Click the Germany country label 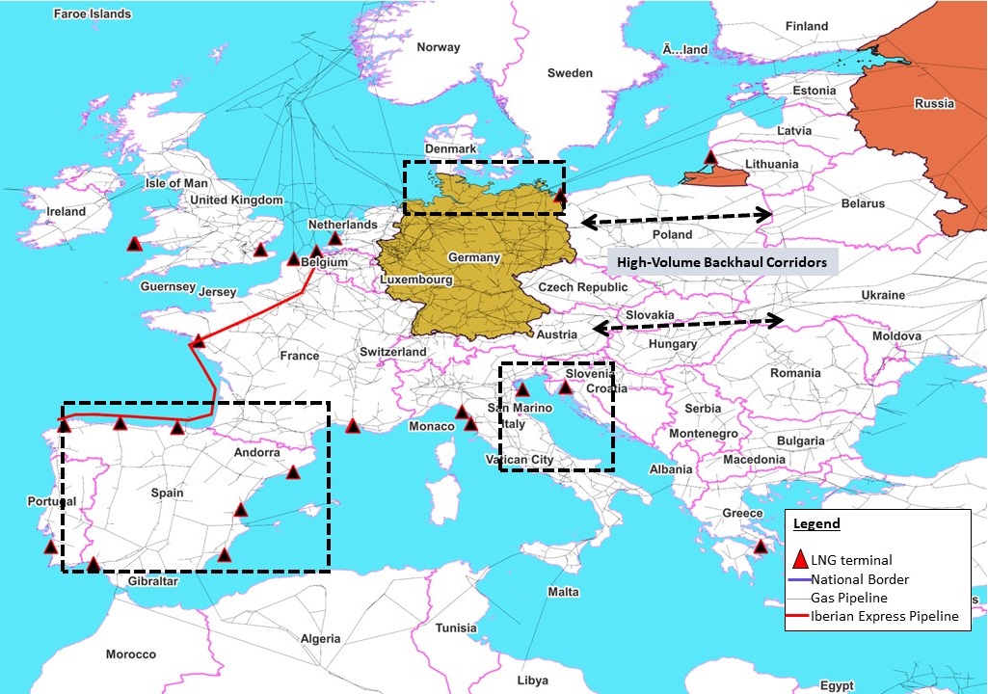coord(474,257)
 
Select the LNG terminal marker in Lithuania coord(710,157)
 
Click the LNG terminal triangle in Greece coord(761,547)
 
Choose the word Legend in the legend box coord(816,524)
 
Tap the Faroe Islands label coord(93,14)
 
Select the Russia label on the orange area coord(934,103)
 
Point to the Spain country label coord(167,493)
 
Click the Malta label coord(563,592)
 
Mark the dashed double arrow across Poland coord(678,218)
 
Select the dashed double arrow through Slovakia coord(687,325)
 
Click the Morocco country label coord(130,654)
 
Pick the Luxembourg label coord(416,280)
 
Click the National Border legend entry coord(859,579)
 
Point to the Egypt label coord(838,685)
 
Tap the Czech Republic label coord(582,287)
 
